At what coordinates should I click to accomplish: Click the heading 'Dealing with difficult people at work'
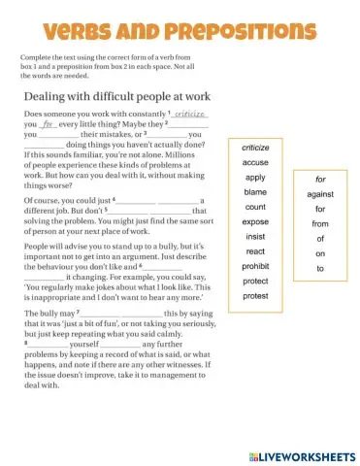pos(112,95)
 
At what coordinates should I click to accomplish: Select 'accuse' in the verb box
pos(255,163)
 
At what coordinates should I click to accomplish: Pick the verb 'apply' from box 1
pos(255,178)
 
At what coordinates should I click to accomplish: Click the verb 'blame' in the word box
pos(255,192)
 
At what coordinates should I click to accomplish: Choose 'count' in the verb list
pos(255,207)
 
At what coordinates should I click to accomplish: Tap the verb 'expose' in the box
pos(255,222)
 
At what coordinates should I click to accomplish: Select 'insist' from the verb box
pos(255,237)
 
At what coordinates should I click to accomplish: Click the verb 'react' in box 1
pos(255,251)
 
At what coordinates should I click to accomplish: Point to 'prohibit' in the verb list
pos(255,266)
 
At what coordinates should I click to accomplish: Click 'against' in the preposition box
pos(320,194)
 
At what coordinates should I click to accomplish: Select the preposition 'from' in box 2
pos(320,224)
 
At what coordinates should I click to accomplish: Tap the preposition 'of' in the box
pos(320,239)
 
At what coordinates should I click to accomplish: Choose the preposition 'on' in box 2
pos(320,253)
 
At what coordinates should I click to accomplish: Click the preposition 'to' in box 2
pos(320,268)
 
